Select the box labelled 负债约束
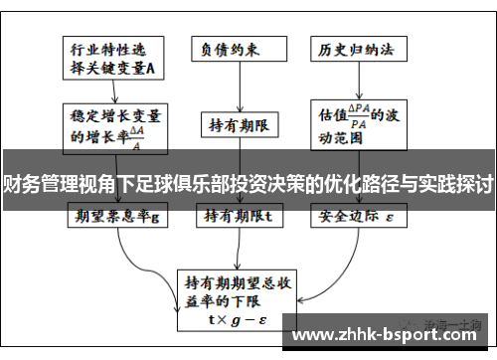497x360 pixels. [239, 48]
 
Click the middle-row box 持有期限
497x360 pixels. [239, 124]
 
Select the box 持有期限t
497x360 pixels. [239, 215]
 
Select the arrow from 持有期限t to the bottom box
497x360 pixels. [239, 234]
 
